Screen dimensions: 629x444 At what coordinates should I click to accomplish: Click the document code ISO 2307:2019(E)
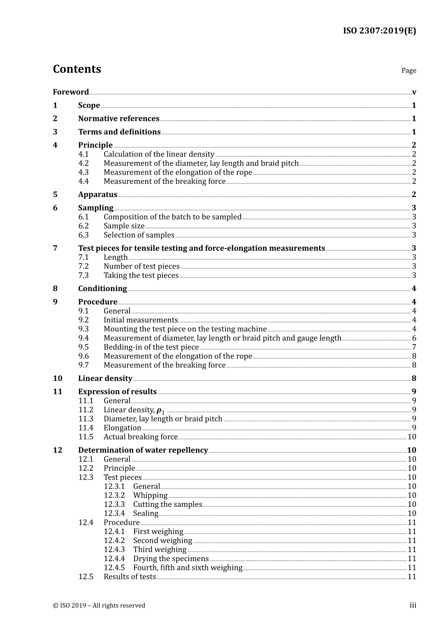pyautogui.click(x=379, y=31)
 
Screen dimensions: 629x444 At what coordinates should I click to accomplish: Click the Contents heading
pyautogui.click(x=77, y=69)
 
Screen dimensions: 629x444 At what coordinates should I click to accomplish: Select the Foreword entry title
pyautogui.click(x=71, y=92)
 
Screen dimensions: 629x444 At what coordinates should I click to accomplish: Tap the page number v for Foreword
pyautogui.click(x=414, y=92)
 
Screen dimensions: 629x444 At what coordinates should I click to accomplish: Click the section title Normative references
pyautogui.click(x=119, y=119)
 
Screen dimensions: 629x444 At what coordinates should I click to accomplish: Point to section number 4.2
pyautogui.click(x=83, y=163)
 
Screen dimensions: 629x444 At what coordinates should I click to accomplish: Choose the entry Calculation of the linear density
pyautogui.click(x=159, y=154)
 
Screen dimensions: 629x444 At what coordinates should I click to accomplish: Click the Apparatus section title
pyautogui.click(x=98, y=195)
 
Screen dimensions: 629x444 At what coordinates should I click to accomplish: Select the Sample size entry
pyautogui.click(x=124, y=226)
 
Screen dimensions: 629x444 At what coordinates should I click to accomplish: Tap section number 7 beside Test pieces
pyautogui.click(x=55, y=249)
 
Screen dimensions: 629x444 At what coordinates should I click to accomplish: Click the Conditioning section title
pyautogui.click(x=102, y=289)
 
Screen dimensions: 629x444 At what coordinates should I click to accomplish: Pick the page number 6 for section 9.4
pyautogui.click(x=414, y=338)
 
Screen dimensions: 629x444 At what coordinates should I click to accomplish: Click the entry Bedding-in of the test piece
pyautogui.click(x=151, y=347)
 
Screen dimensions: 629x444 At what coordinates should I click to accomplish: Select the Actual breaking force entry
pyautogui.click(x=140, y=437)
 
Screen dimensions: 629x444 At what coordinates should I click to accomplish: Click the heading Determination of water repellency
pyautogui.click(x=143, y=450)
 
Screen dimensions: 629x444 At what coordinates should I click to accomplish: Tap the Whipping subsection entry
pyautogui.click(x=150, y=496)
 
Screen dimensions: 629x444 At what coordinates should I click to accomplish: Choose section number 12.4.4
pyautogui.click(x=114, y=559)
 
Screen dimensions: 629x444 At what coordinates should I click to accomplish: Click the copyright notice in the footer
pyautogui.click(x=99, y=606)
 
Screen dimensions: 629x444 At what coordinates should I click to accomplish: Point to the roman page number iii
pyautogui.click(x=413, y=606)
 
